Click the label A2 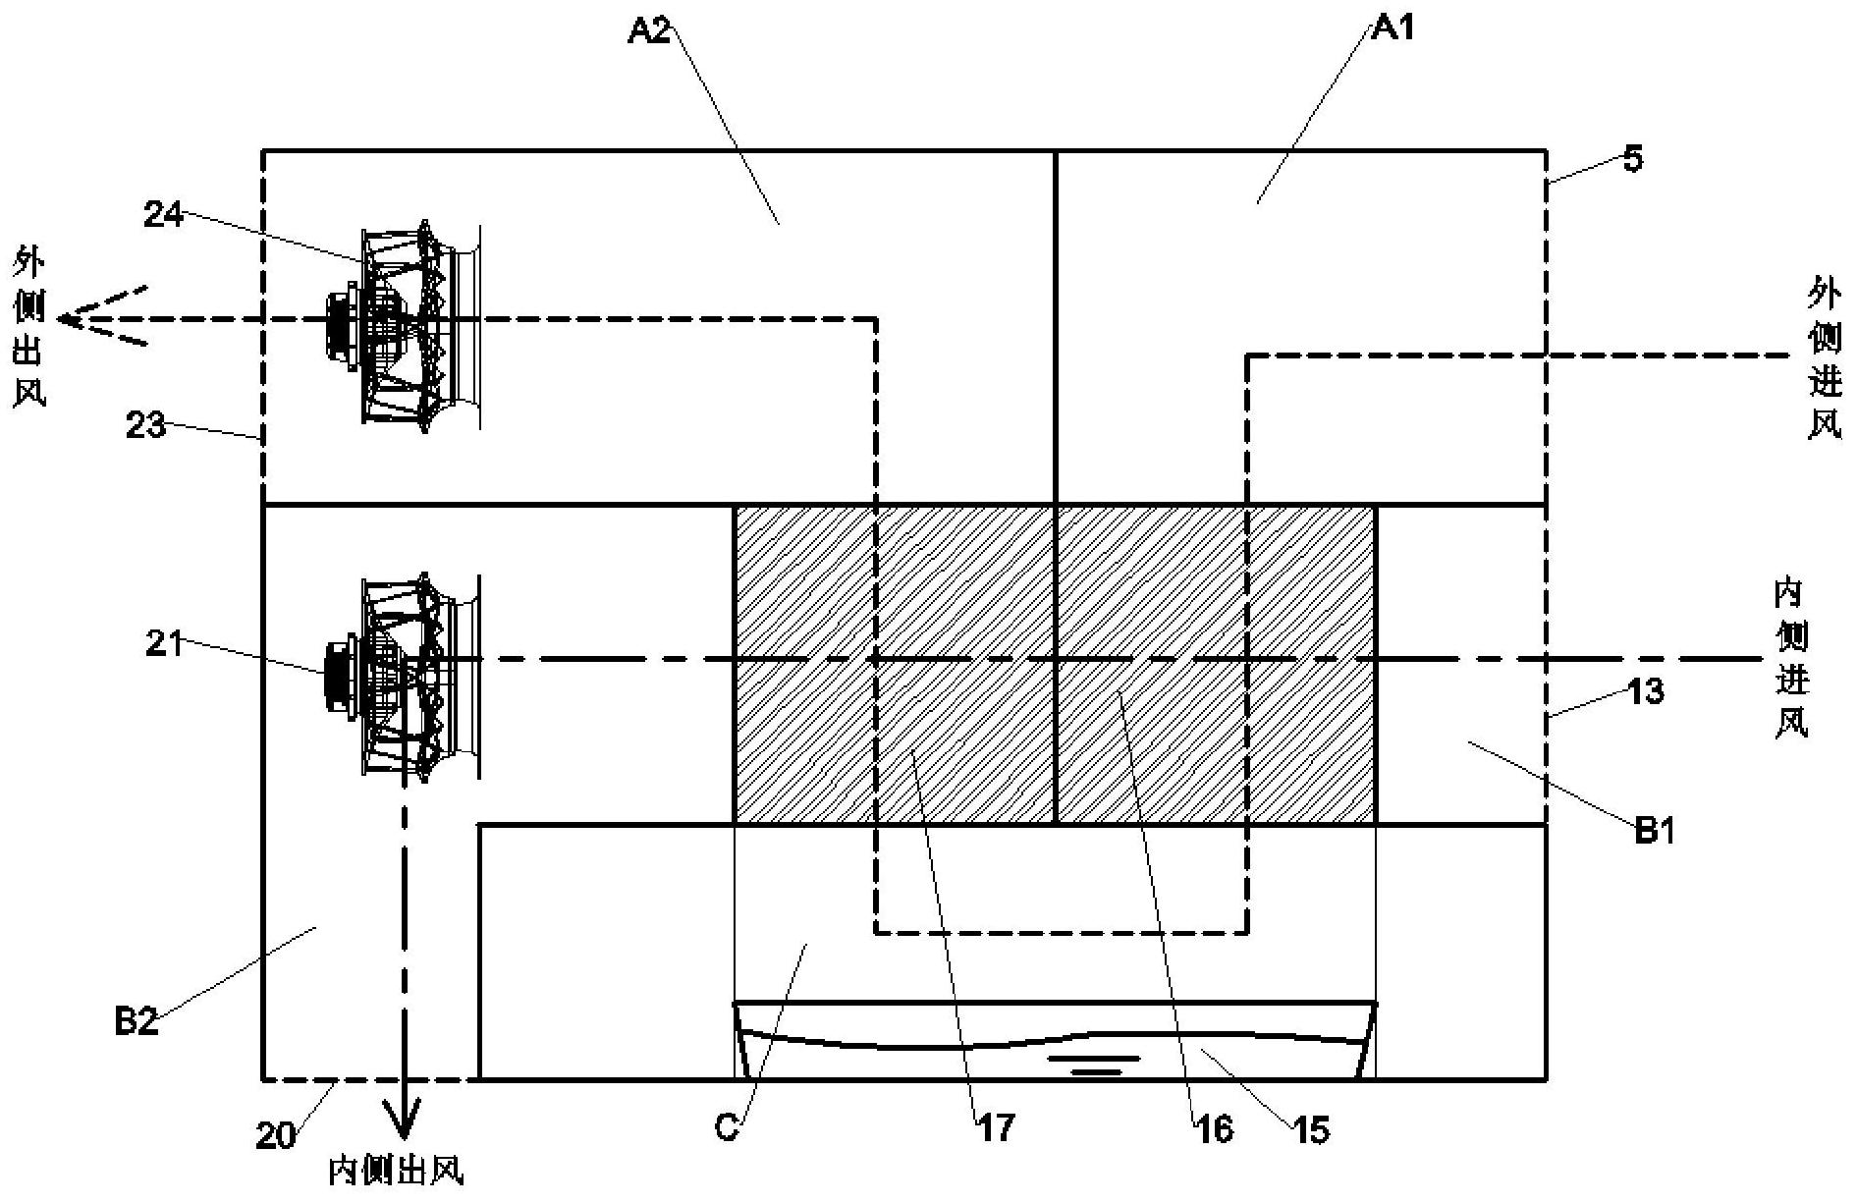[647, 30]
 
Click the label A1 [1393, 28]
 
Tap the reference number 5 [1631, 159]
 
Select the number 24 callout [164, 214]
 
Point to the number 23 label [146, 426]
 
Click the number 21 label [164, 645]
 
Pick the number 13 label [1646, 691]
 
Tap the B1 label [1654, 831]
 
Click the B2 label [136, 1022]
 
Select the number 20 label [276, 1136]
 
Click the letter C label [727, 1128]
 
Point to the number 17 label [996, 1128]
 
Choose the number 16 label [1215, 1129]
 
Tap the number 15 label [1311, 1130]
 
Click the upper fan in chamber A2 [404, 322]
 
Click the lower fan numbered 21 [404, 676]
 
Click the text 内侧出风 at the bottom [396, 1172]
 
